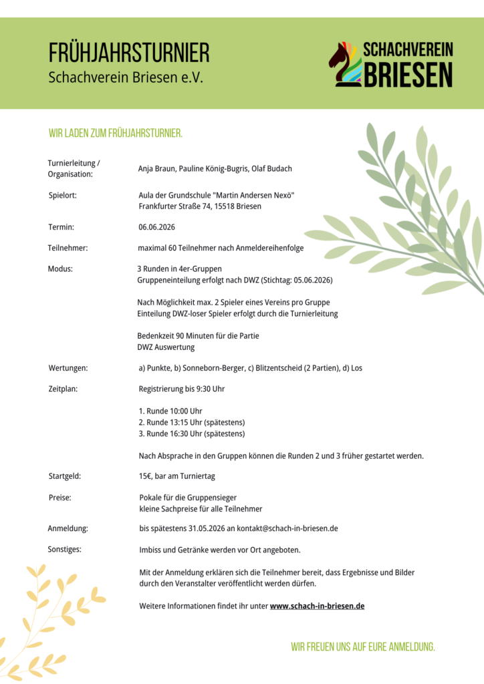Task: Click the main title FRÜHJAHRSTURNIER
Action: pos(129,53)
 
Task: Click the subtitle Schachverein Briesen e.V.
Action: pos(125,77)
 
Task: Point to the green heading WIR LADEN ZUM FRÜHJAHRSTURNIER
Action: pos(116,134)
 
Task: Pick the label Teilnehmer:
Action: pos(68,248)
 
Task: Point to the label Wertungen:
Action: pos(68,367)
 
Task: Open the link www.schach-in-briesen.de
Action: pos(317,606)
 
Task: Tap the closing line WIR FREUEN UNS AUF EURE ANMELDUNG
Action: pos(363,647)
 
